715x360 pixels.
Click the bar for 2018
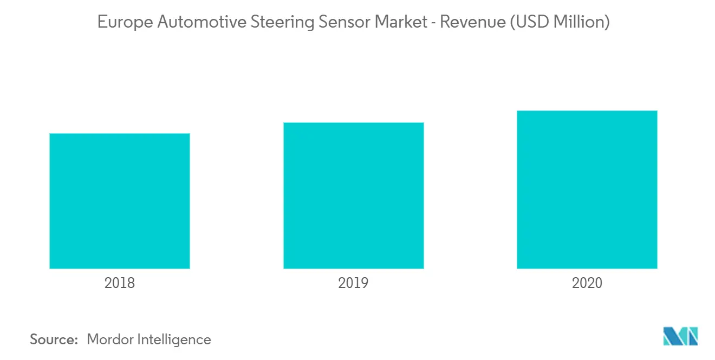pyautogui.click(x=120, y=201)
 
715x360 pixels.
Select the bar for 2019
pyautogui.click(x=353, y=195)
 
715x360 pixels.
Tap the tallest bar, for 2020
pyautogui.click(x=587, y=189)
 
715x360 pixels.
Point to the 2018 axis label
pyautogui.click(x=120, y=283)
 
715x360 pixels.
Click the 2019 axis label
pyautogui.click(x=353, y=283)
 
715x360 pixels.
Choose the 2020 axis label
pyautogui.click(x=587, y=283)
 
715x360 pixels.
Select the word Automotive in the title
pyautogui.click(x=185, y=22)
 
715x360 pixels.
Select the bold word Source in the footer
pyautogui.click(x=53, y=339)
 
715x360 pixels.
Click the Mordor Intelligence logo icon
pyautogui.click(x=681, y=336)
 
